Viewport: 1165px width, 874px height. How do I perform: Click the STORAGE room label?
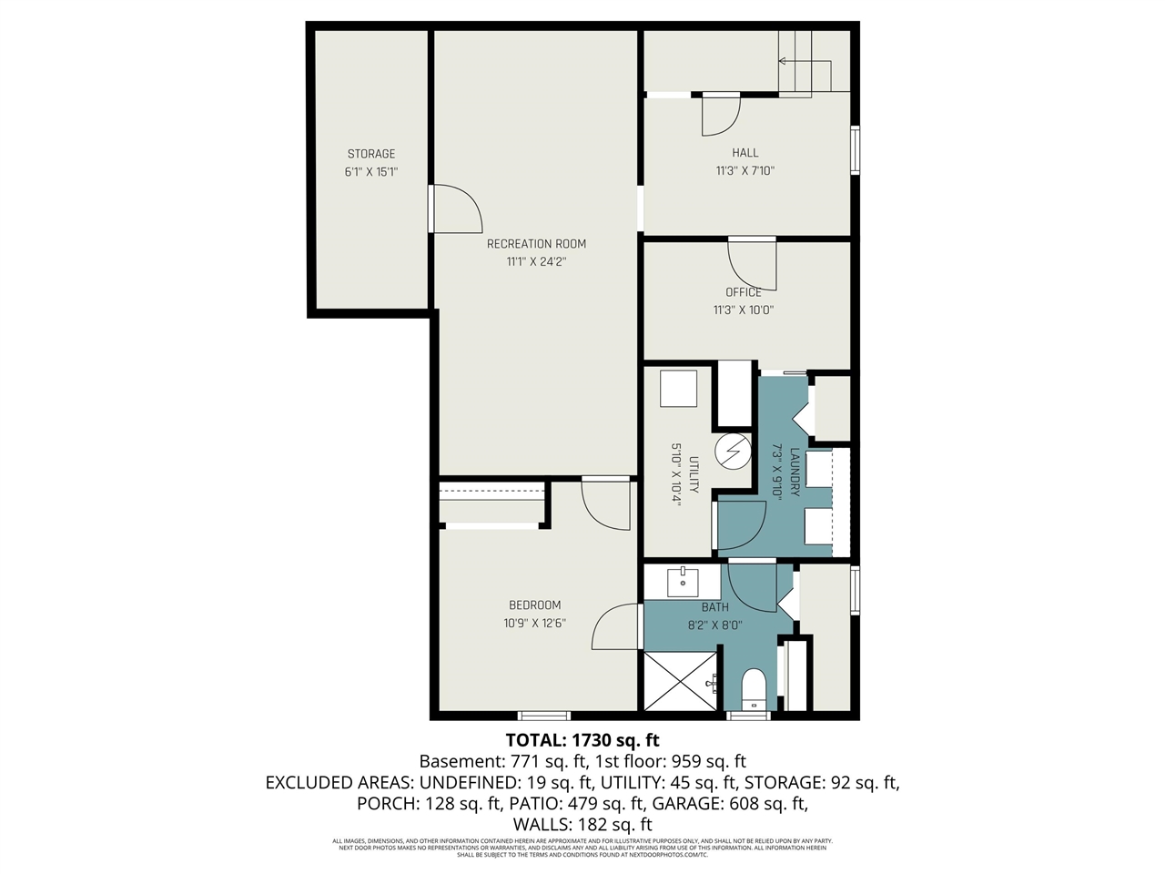(371, 154)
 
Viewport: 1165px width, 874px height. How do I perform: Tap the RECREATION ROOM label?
(536, 244)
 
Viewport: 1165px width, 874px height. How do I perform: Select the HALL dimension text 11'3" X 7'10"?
(745, 170)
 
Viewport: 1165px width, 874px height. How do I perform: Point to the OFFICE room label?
(744, 292)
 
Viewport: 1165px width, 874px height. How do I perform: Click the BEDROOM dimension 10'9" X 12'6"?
(534, 624)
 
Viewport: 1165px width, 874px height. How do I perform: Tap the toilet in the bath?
(754, 689)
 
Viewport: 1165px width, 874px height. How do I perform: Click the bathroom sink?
(683, 581)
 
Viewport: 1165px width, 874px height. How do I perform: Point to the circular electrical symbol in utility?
(732, 451)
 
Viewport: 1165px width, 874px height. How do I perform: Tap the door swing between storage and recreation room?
(457, 209)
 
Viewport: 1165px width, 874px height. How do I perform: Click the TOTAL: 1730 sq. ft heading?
(582, 739)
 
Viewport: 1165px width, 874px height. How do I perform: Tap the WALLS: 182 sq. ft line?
(582, 824)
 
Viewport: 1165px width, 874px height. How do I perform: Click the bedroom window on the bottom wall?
(544, 716)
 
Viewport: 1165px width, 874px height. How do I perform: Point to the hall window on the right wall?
(855, 149)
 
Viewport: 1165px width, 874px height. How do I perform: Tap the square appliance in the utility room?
(678, 389)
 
